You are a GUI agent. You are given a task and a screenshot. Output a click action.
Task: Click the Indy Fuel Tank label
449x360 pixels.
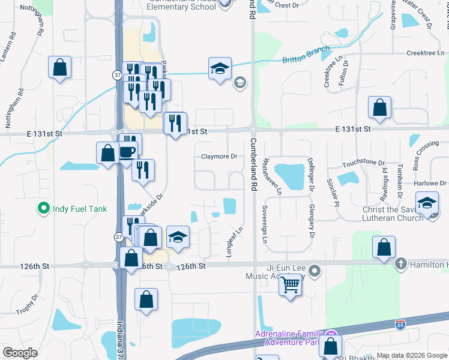79,209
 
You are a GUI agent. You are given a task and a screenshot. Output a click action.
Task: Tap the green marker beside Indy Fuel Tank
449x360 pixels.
43,209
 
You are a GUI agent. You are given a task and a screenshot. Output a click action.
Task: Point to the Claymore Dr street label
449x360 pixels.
219,157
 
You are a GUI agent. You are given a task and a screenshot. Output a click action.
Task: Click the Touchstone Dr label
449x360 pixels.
363,163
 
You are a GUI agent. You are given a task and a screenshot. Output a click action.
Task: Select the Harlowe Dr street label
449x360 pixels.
430,184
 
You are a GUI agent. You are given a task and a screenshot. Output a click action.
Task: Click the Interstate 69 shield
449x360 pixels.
400,325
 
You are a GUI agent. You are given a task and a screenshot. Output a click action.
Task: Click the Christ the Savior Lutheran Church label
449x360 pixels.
400,214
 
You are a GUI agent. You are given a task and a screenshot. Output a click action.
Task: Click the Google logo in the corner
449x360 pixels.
20,353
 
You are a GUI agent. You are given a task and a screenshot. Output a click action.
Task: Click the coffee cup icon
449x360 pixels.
127,151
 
